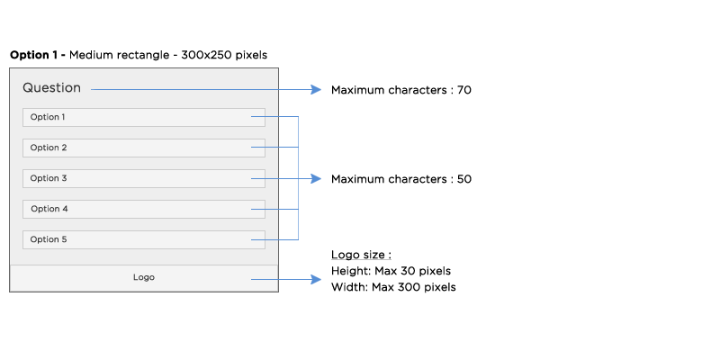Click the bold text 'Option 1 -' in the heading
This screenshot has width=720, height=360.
(38, 56)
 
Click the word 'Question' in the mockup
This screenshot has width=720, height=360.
(52, 87)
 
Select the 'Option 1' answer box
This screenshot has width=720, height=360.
(144, 117)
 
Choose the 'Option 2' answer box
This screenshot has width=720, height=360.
(144, 148)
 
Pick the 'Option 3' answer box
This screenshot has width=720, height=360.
(144, 178)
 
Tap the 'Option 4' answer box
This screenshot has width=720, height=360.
(144, 209)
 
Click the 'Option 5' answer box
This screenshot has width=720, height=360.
(144, 239)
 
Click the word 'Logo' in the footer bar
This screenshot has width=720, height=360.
(144, 277)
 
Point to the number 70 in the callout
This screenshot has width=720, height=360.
(464, 90)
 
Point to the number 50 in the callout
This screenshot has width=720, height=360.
(464, 179)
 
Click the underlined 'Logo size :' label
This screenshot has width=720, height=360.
(362, 255)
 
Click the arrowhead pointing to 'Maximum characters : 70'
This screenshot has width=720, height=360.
(316, 89)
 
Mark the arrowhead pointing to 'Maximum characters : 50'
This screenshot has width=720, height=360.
(316, 178)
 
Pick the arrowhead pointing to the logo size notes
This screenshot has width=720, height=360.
(316, 279)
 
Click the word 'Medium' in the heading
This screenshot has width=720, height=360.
(91, 55)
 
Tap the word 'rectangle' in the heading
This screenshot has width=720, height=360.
(144, 56)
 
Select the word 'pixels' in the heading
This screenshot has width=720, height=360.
(251, 56)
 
